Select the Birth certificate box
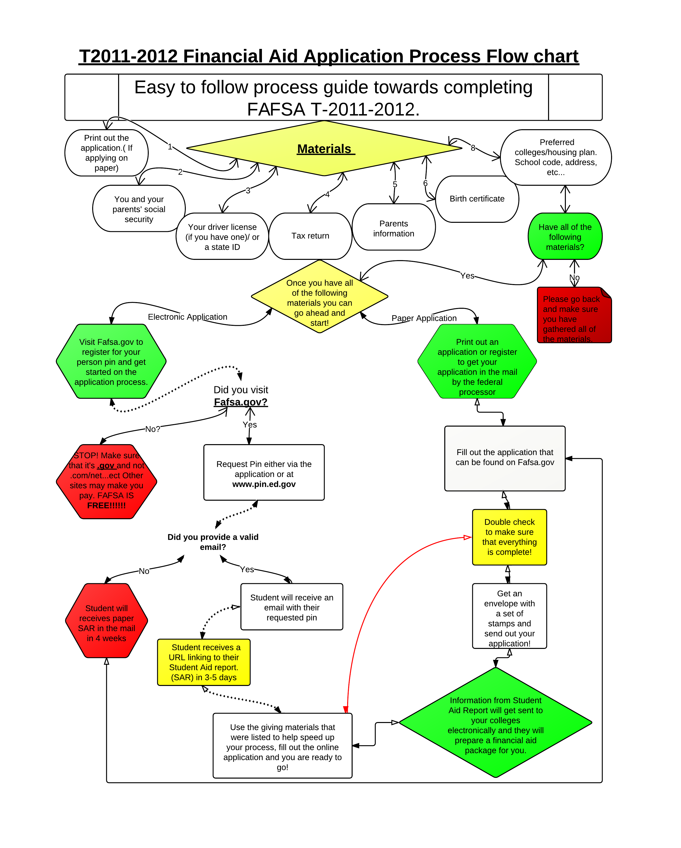point(477,199)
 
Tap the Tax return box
point(310,236)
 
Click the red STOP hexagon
point(106,481)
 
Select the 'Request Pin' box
point(264,472)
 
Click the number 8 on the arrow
point(473,148)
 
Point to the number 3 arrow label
point(248,191)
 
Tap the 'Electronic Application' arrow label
point(187,317)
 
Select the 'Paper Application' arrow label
point(424,318)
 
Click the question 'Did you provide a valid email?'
point(213,542)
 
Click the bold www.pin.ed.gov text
point(264,484)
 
